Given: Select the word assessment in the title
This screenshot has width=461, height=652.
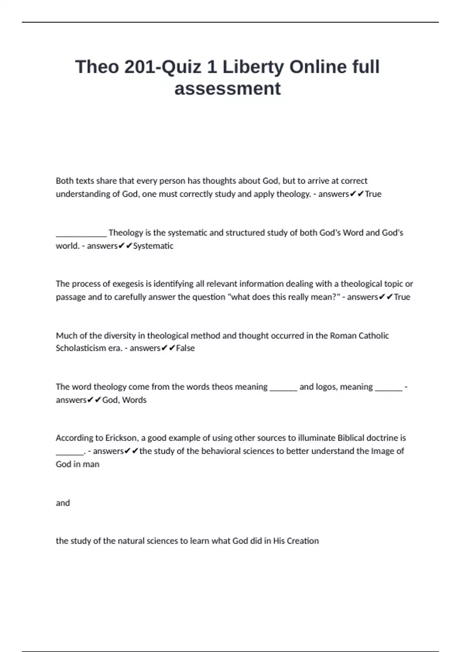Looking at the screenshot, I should point(227,89).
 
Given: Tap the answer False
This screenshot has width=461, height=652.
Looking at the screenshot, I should point(185,348).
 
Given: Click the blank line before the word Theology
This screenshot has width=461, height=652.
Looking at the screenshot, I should point(81,233).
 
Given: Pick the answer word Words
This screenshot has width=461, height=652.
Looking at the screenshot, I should point(134,400).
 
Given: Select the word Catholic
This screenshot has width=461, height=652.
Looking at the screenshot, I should point(373,336).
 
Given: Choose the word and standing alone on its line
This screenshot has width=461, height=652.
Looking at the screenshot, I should point(63,503).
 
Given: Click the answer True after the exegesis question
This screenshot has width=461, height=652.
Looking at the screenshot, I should point(402,297).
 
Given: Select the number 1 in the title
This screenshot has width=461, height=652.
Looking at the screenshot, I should point(212,67).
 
